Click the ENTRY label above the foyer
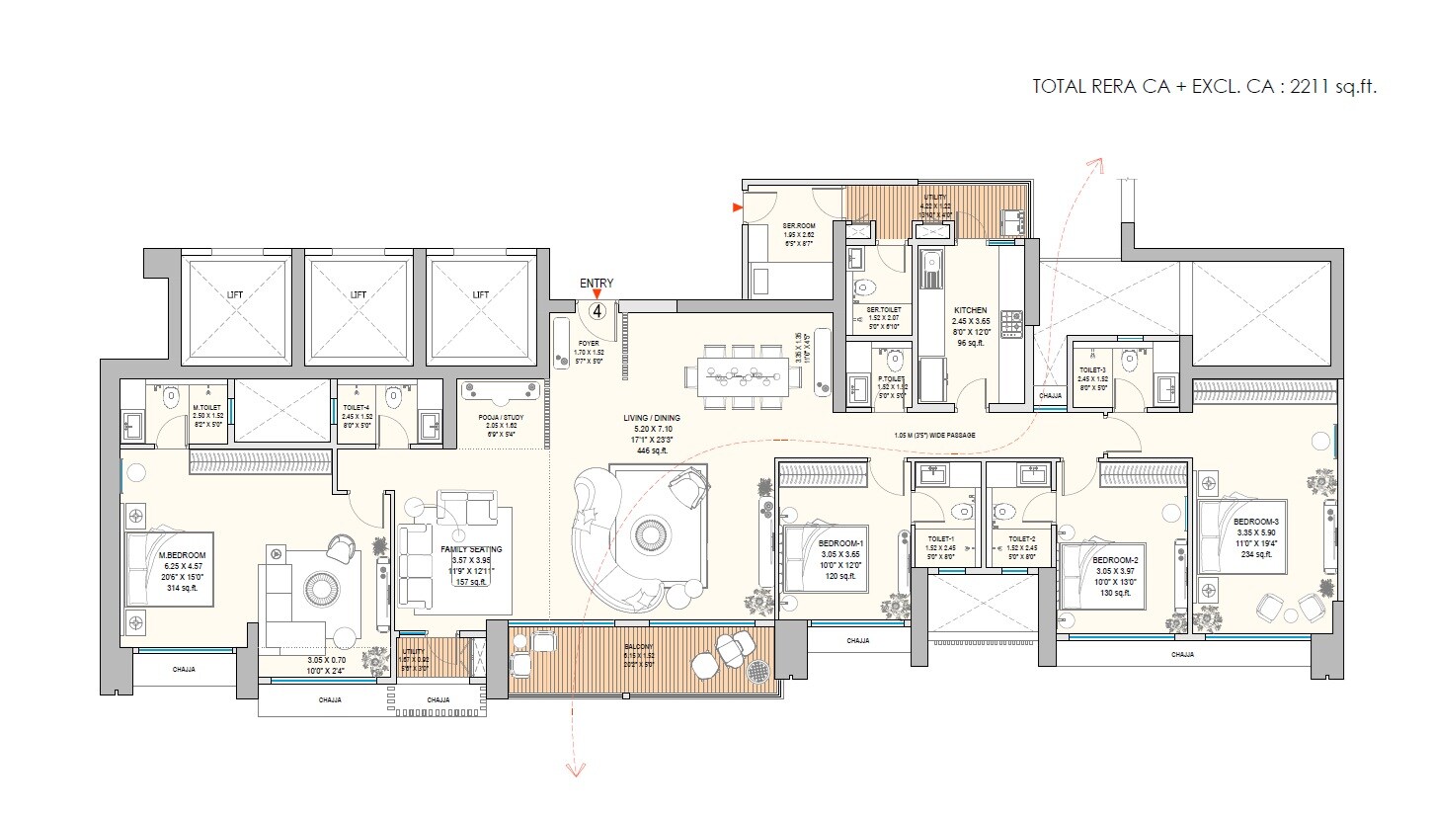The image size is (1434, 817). click(x=597, y=284)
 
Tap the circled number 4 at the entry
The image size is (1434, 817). click(x=597, y=310)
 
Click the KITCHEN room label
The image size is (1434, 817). click(x=970, y=310)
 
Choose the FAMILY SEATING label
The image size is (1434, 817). click(x=471, y=549)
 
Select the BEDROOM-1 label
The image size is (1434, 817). click(x=840, y=543)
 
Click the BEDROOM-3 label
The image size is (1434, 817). click(x=1256, y=522)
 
